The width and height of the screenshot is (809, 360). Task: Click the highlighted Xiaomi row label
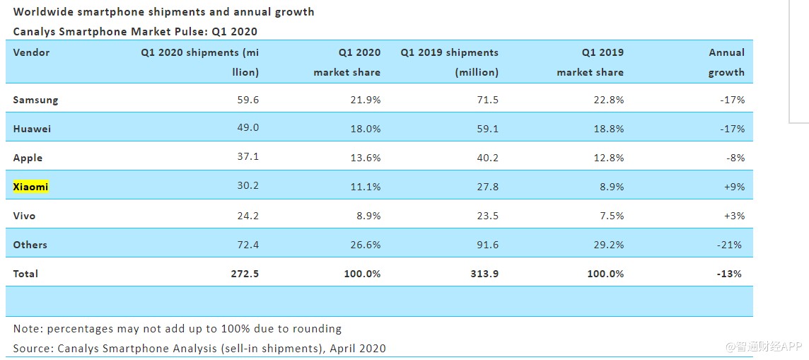tap(30, 187)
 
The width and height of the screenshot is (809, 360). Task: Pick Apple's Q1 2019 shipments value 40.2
tap(489, 158)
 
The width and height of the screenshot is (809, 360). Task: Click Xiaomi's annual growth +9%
tap(734, 187)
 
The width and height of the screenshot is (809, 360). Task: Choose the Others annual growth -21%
tap(730, 245)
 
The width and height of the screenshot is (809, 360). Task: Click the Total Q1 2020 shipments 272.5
tap(245, 273)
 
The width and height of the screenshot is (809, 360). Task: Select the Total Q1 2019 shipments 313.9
tap(484, 273)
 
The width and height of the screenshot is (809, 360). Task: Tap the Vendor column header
tap(32, 52)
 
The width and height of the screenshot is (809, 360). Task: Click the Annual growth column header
tap(726, 62)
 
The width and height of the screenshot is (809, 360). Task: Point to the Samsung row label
tap(35, 100)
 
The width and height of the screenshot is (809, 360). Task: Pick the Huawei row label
tap(32, 129)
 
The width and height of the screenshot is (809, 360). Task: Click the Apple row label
tap(28, 158)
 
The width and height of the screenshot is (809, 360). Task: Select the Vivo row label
tap(24, 216)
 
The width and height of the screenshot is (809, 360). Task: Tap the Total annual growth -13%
tap(729, 273)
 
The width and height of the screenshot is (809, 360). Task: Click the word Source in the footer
tap(30, 348)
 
